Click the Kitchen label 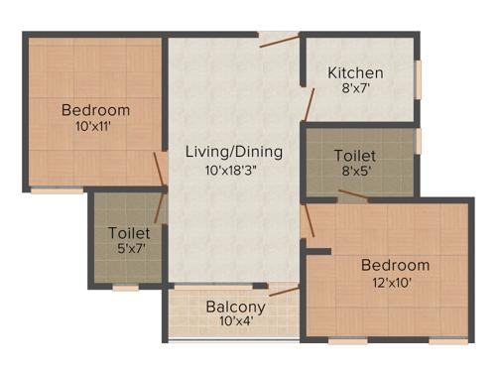[x=355, y=72]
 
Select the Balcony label [x=235, y=307]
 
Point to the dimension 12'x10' [x=394, y=282]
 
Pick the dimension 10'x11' [x=95, y=126]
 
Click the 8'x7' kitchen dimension [x=355, y=88]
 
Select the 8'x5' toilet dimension [x=355, y=172]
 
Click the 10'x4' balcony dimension [x=235, y=322]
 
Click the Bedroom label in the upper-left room [x=95, y=109]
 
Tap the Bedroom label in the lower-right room [x=395, y=265]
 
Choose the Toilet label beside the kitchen [x=355, y=156]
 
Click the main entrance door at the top [x=280, y=40]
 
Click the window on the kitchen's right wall [x=419, y=80]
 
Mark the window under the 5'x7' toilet [x=125, y=288]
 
